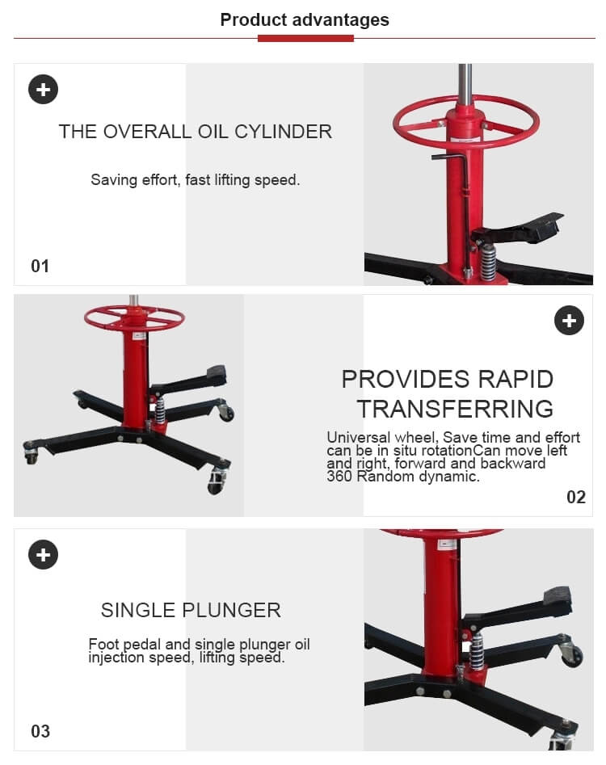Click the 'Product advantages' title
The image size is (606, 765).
click(x=304, y=20)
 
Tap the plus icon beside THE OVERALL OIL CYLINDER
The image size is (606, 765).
click(x=43, y=89)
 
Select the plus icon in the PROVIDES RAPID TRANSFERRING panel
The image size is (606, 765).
click(x=569, y=321)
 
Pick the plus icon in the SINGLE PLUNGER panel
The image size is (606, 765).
click(x=43, y=554)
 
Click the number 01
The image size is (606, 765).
click(x=40, y=266)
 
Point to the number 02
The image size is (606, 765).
click(x=575, y=497)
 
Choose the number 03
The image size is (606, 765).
click(x=40, y=731)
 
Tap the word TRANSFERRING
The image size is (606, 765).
click(x=455, y=409)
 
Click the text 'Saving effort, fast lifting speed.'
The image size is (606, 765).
click(x=195, y=180)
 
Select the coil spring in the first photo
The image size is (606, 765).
click(x=488, y=263)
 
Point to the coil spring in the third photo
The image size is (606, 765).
click(x=477, y=649)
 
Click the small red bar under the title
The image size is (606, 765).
click(x=305, y=38)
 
